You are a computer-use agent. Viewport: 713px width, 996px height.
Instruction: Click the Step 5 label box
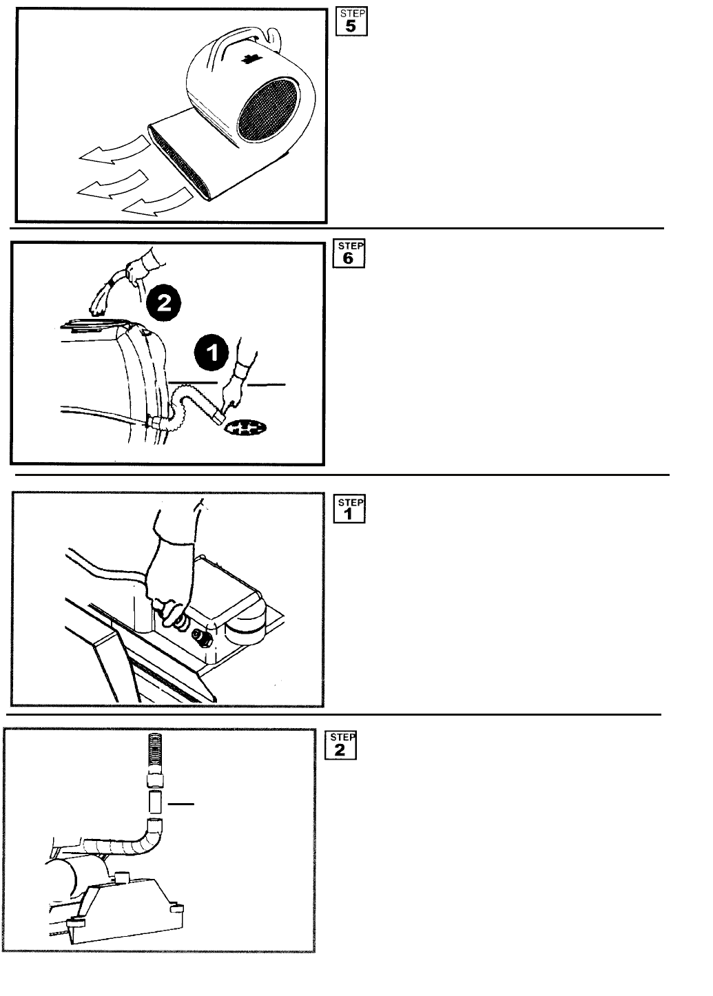[351, 21]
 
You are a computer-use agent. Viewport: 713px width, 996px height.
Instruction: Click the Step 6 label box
[349, 253]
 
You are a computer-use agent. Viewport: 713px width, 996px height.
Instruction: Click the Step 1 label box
[349, 509]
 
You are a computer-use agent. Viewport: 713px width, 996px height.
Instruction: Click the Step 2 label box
[340, 745]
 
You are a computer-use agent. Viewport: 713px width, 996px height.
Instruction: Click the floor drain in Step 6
[247, 428]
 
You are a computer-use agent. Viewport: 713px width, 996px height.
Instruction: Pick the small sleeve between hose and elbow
[156, 802]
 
